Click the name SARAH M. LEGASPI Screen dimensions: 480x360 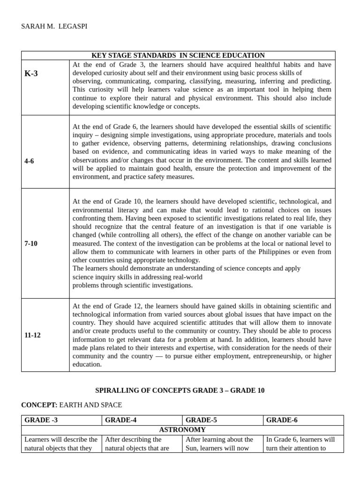click(x=54, y=26)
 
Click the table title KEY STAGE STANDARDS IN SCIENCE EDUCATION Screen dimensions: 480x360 click(x=178, y=55)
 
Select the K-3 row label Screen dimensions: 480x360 click(x=31, y=74)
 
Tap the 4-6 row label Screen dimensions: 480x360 click(x=29, y=161)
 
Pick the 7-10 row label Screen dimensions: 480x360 click(x=31, y=243)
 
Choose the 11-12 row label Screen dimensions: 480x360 click(x=32, y=335)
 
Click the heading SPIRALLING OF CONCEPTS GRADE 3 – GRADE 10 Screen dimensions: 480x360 click(x=180, y=390)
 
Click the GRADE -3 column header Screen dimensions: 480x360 click(x=41, y=420)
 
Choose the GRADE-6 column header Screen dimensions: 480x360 click(x=282, y=420)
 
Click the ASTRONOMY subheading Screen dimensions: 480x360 click(x=182, y=429)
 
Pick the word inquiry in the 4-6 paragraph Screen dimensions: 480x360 click(x=82, y=135)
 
